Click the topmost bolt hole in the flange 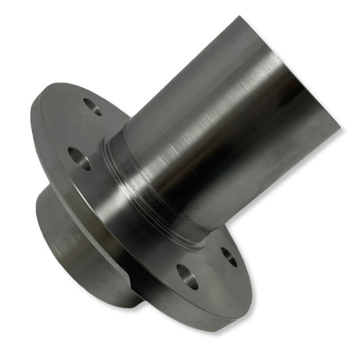point(92,106)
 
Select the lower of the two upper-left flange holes point(79,157)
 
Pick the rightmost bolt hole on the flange point(228,255)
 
